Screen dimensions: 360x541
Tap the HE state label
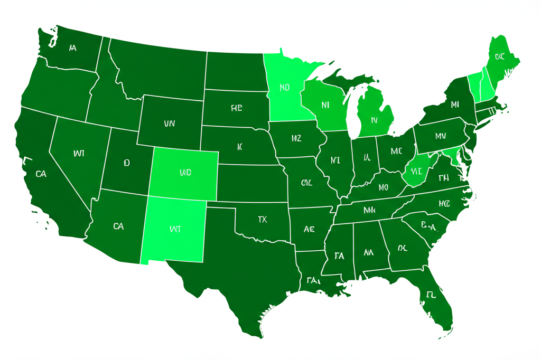coord(236,108)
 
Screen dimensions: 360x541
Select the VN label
coord(169,124)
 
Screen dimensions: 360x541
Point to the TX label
coord(263,219)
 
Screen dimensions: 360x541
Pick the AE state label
coord(310,229)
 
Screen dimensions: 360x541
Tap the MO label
coord(383,187)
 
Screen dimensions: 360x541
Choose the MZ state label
coord(296,138)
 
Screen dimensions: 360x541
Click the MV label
coord(441,136)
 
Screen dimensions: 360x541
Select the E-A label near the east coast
coord(430,227)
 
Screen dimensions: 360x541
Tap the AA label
coord(368,253)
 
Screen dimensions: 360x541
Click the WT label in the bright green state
coord(175,230)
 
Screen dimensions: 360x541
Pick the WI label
coord(79,154)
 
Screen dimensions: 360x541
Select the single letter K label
coord(239,147)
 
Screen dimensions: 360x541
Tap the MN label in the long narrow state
coord(369,210)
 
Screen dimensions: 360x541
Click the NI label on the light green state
coord(325,105)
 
